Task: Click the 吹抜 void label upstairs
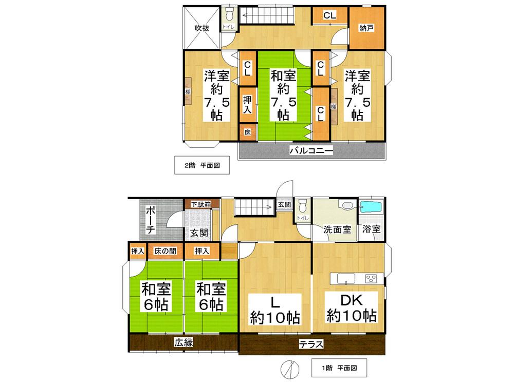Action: pos(201,28)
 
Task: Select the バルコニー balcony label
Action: pos(311,150)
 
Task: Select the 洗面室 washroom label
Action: pos(337,229)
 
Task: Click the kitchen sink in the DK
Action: pos(345,279)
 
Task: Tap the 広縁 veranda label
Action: pos(183,342)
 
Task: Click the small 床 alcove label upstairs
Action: pos(247,132)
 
